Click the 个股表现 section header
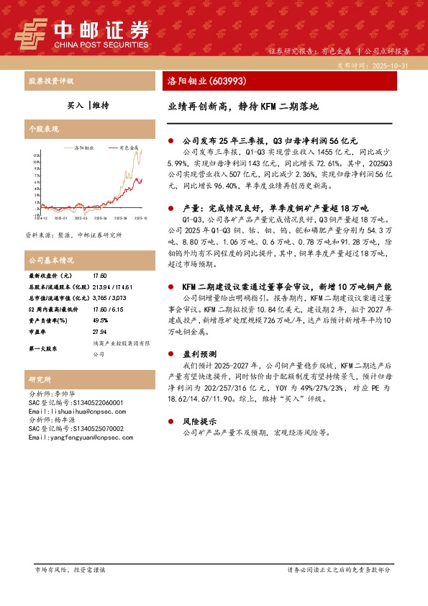click(42, 127)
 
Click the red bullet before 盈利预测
click(170, 355)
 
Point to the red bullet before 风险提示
click(170, 421)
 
